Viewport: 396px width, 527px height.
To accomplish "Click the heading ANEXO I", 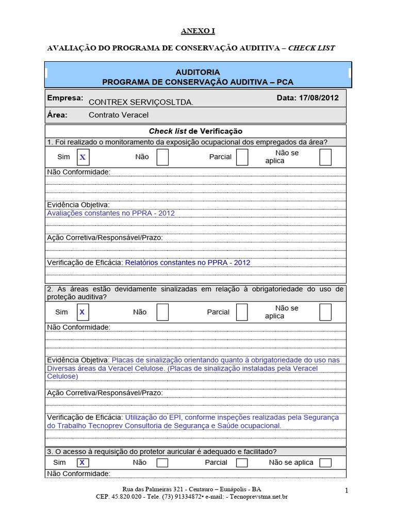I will [197, 31].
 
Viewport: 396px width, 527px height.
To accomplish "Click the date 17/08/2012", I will [318, 98].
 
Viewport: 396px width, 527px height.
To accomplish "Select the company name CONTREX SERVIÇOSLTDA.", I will [141, 102].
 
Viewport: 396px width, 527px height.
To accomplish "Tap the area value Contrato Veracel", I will [119, 115].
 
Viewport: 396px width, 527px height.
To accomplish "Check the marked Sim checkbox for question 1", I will [82, 157].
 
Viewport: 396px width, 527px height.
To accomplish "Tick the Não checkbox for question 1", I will [162, 157].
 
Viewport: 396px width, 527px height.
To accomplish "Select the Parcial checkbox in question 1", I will [242, 157].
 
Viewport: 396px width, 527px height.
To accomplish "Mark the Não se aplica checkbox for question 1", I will [325, 157].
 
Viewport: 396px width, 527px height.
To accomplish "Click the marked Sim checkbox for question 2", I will [82, 312].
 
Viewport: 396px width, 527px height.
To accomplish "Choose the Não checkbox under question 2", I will [162, 312].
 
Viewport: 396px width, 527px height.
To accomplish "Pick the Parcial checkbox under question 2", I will [242, 312].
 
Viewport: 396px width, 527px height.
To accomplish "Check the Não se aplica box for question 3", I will [325, 463].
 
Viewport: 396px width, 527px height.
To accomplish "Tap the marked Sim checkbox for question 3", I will [82, 463].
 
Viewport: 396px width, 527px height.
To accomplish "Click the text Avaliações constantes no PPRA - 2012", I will [111, 213].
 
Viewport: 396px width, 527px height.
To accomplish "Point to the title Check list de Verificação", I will [195, 131].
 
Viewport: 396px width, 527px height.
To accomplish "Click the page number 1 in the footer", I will [347, 491].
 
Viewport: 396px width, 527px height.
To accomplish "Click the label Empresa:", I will [65, 98].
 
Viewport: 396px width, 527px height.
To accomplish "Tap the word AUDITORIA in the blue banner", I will [197, 72].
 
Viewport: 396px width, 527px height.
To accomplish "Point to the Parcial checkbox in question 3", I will [242, 463].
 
